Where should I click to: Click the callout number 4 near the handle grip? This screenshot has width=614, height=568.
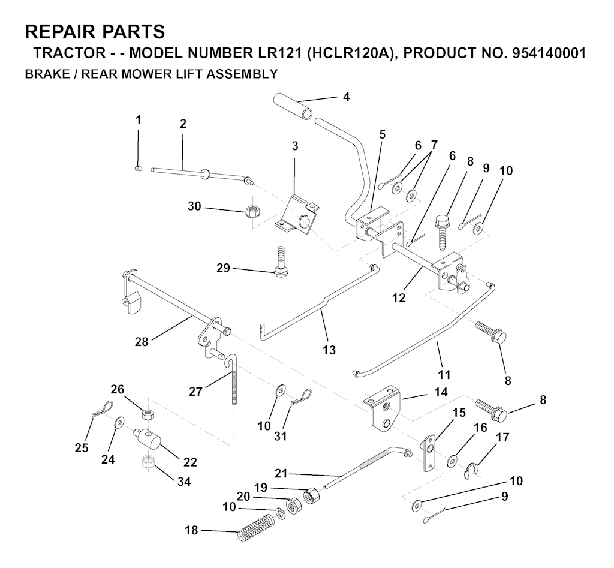point(346,97)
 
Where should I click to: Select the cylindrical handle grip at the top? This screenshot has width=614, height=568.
point(296,106)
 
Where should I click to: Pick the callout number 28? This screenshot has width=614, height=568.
point(142,341)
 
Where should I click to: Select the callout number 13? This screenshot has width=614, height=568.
point(329,350)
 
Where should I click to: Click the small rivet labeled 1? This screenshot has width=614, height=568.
point(138,168)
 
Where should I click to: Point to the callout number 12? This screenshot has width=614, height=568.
point(399,297)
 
